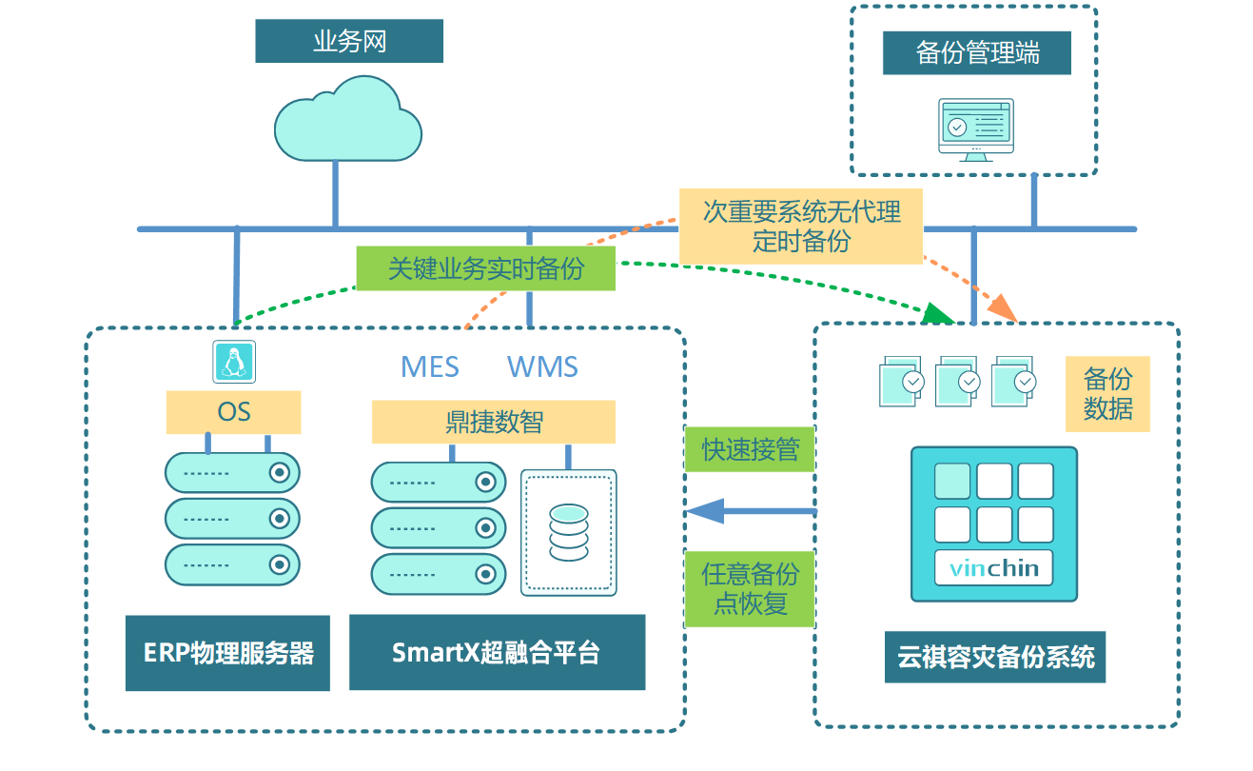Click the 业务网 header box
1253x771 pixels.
point(349,41)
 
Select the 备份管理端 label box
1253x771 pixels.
point(976,52)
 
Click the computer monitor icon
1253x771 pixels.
point(975,128)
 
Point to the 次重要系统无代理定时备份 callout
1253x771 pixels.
point(801,226)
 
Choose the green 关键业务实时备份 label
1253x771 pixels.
point(485,268)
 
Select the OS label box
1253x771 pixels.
point(233,412)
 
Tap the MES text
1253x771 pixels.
point(430,367)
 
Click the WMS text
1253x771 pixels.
point(542,367)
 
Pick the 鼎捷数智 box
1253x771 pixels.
point(493,422)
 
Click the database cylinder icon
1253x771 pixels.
point(569,533)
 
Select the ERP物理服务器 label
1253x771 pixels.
point(227,653)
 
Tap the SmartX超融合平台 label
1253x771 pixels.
point(497,653)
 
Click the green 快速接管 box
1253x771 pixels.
point(750,449)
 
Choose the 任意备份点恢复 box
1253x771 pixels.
point(750,588)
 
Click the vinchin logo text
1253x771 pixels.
point(993,570)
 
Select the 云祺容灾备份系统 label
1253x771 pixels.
point(994,657)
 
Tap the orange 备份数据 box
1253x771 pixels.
point(1107,394)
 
